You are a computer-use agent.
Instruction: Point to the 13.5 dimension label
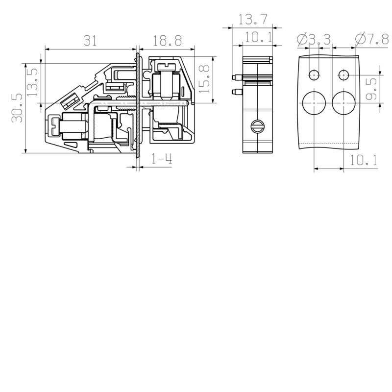coord(32,82)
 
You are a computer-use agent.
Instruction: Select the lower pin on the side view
coord(237,91)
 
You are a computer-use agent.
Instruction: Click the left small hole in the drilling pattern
coord(314,74)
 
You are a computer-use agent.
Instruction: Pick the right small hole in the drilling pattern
coord(344,74)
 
